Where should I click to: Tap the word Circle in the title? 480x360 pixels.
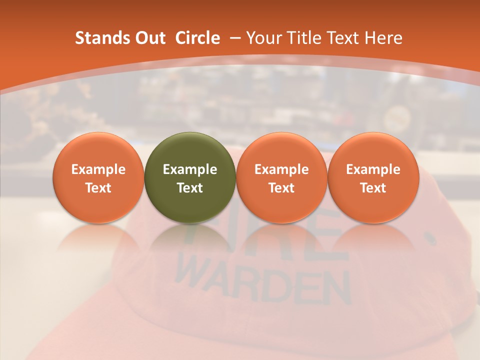(197, 38)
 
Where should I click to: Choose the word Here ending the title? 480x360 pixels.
(383, 38)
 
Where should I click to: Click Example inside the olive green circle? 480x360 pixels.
(190, 169)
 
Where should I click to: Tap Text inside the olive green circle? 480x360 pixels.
(190, 188)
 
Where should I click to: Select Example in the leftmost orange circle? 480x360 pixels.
(98, 169)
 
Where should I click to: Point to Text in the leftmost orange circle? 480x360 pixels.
(98, 188)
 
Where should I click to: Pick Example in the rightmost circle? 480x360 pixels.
(373, 169)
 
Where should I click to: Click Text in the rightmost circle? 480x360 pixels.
(373, 188)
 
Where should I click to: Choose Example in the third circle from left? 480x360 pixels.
(281, 169)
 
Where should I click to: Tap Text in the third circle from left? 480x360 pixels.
(281, 188)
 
